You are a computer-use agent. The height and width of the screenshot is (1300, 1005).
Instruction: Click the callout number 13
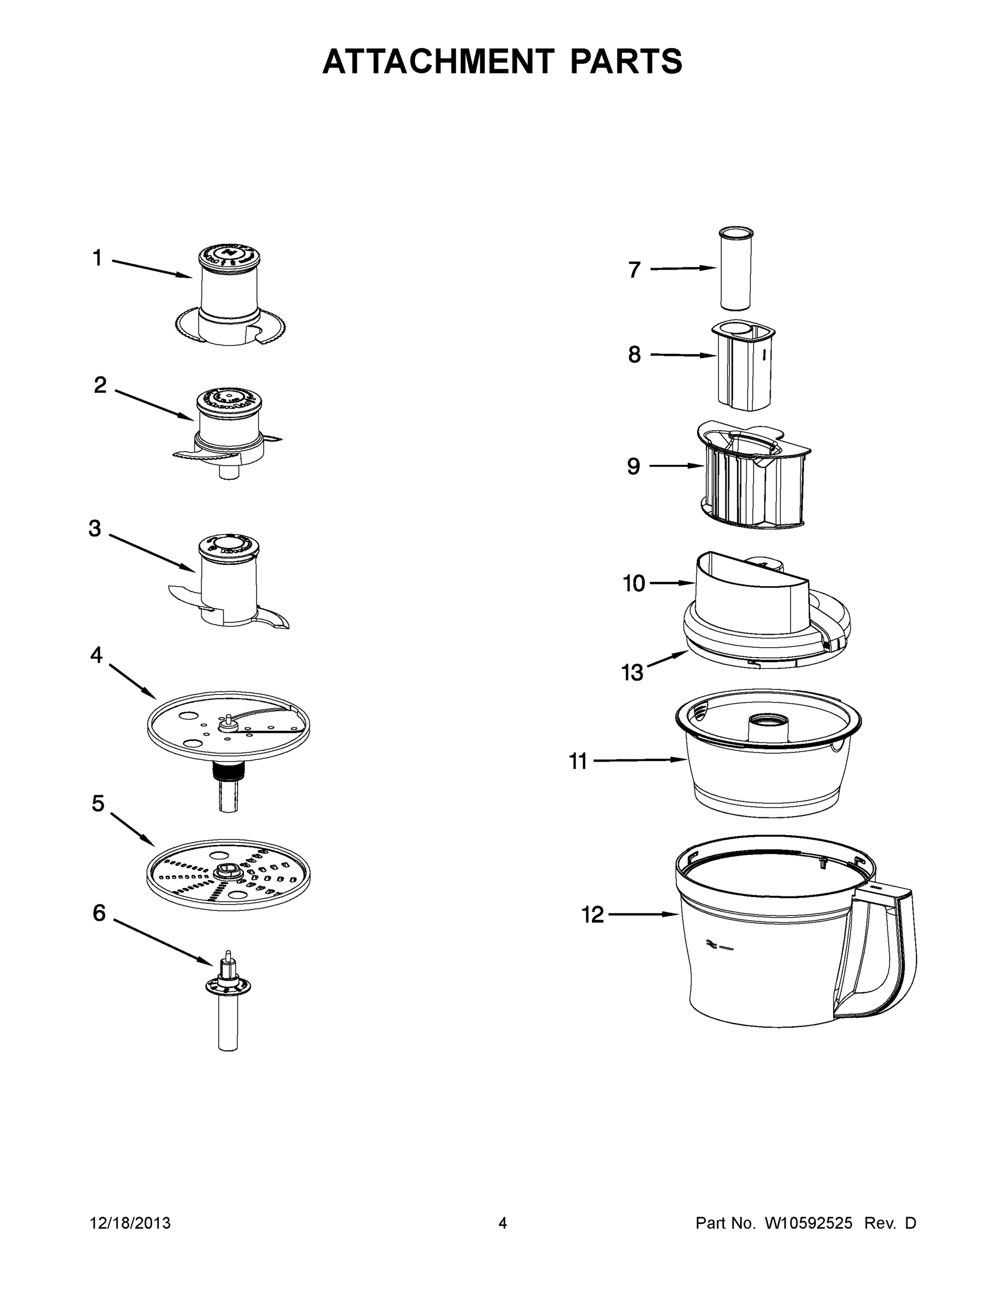coord(632,673)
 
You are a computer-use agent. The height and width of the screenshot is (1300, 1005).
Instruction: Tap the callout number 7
coord(634,270)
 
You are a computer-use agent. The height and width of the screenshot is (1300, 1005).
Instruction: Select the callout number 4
coord(96,655)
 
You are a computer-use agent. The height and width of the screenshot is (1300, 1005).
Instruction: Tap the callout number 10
coord(633,584)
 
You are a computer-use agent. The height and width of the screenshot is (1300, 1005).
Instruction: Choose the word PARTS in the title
coord(626,61)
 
